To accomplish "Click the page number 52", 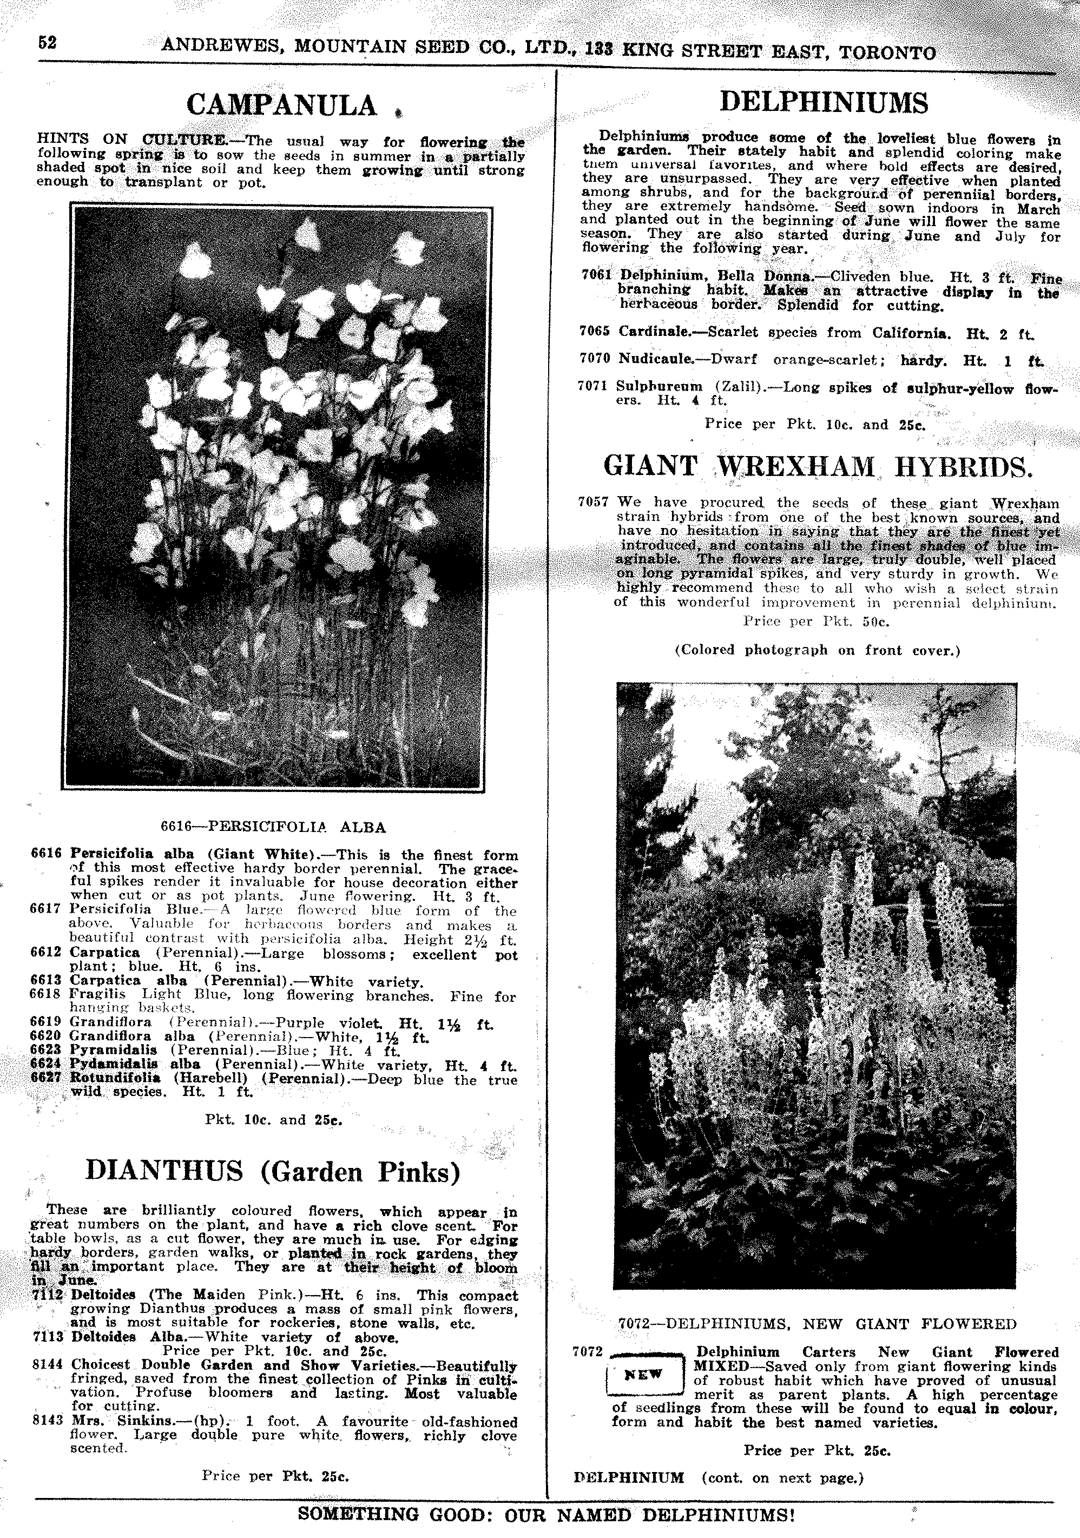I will pos(47,42).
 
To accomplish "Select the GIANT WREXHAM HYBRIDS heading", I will pos(818,466).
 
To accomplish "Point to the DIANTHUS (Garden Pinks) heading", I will pos(273,1171).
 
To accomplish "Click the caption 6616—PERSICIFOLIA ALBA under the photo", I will pos(273,827).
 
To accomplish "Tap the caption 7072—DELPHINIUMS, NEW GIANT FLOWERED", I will pos(816,1324).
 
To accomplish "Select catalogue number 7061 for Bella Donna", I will pos(596,275).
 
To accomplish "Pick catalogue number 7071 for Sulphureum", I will pos(594,386).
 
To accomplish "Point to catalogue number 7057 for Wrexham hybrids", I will pos(593,501).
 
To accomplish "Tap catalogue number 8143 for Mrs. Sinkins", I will pos(47,1422).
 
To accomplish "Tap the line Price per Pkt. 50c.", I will pos(816,621).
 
